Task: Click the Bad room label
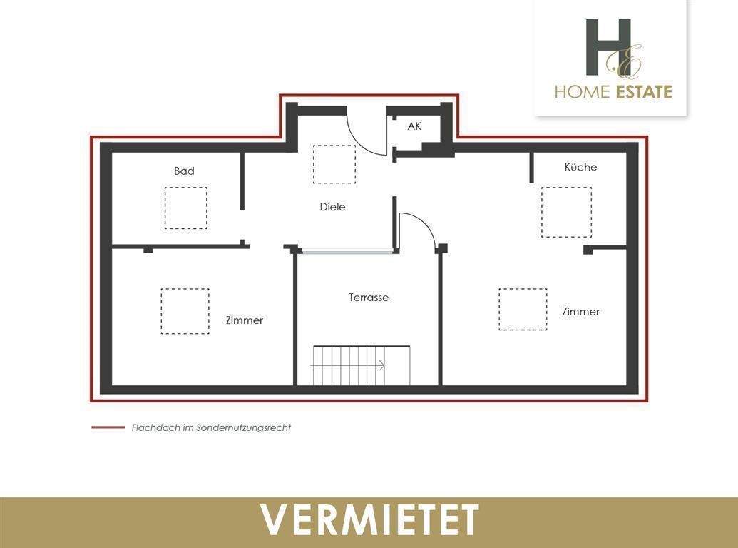click(x=184, y=171)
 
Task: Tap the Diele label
click(x=332, y=207)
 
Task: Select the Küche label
click(x=580, y=167)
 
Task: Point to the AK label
click(x=414, y=126)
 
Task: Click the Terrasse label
click(x=369, y=298)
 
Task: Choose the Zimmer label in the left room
click(x=245, y=320)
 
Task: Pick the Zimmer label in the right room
click(x=580, y=312)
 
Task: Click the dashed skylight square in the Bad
click(x=186, y=208)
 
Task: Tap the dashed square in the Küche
click(x=566, y=212)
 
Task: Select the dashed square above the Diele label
click(x=334, y=164)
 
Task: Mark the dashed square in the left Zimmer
click(x=185, y=311)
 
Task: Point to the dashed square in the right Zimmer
click(x=523, y=309)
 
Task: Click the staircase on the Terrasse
click(x=361, y=365)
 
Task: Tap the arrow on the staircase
click(x=381, y=366)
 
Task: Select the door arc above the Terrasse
click(x=421, y=228)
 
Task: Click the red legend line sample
click(x=108, y=428)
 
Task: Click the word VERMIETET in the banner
click(x=369, y=520)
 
